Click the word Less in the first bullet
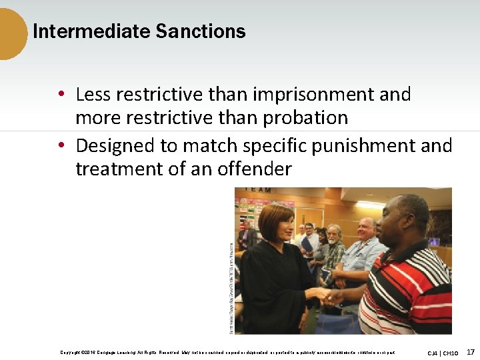coord(91,95)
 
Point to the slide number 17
coord(471,351)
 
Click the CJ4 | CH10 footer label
coord(443,352)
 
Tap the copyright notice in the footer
coord(227,352)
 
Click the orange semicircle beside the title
coord(12,33)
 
